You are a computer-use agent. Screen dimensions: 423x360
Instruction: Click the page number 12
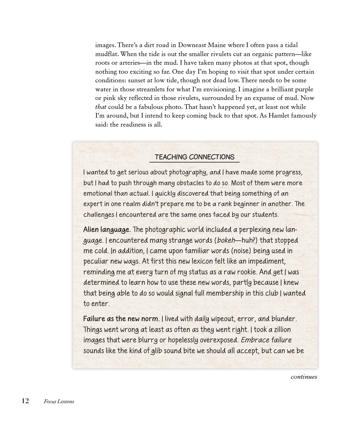point(25,401)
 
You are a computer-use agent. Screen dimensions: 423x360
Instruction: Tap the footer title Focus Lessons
point(59,401)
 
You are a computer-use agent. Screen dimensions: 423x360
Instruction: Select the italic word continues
point(303,377)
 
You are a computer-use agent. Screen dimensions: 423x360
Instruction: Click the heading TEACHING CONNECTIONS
point(194,157)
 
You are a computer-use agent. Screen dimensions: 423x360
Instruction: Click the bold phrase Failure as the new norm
point(121,319)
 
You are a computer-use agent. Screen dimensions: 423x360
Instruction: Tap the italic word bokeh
point(226,241)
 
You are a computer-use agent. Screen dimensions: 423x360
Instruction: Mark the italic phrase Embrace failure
point(266,340)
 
